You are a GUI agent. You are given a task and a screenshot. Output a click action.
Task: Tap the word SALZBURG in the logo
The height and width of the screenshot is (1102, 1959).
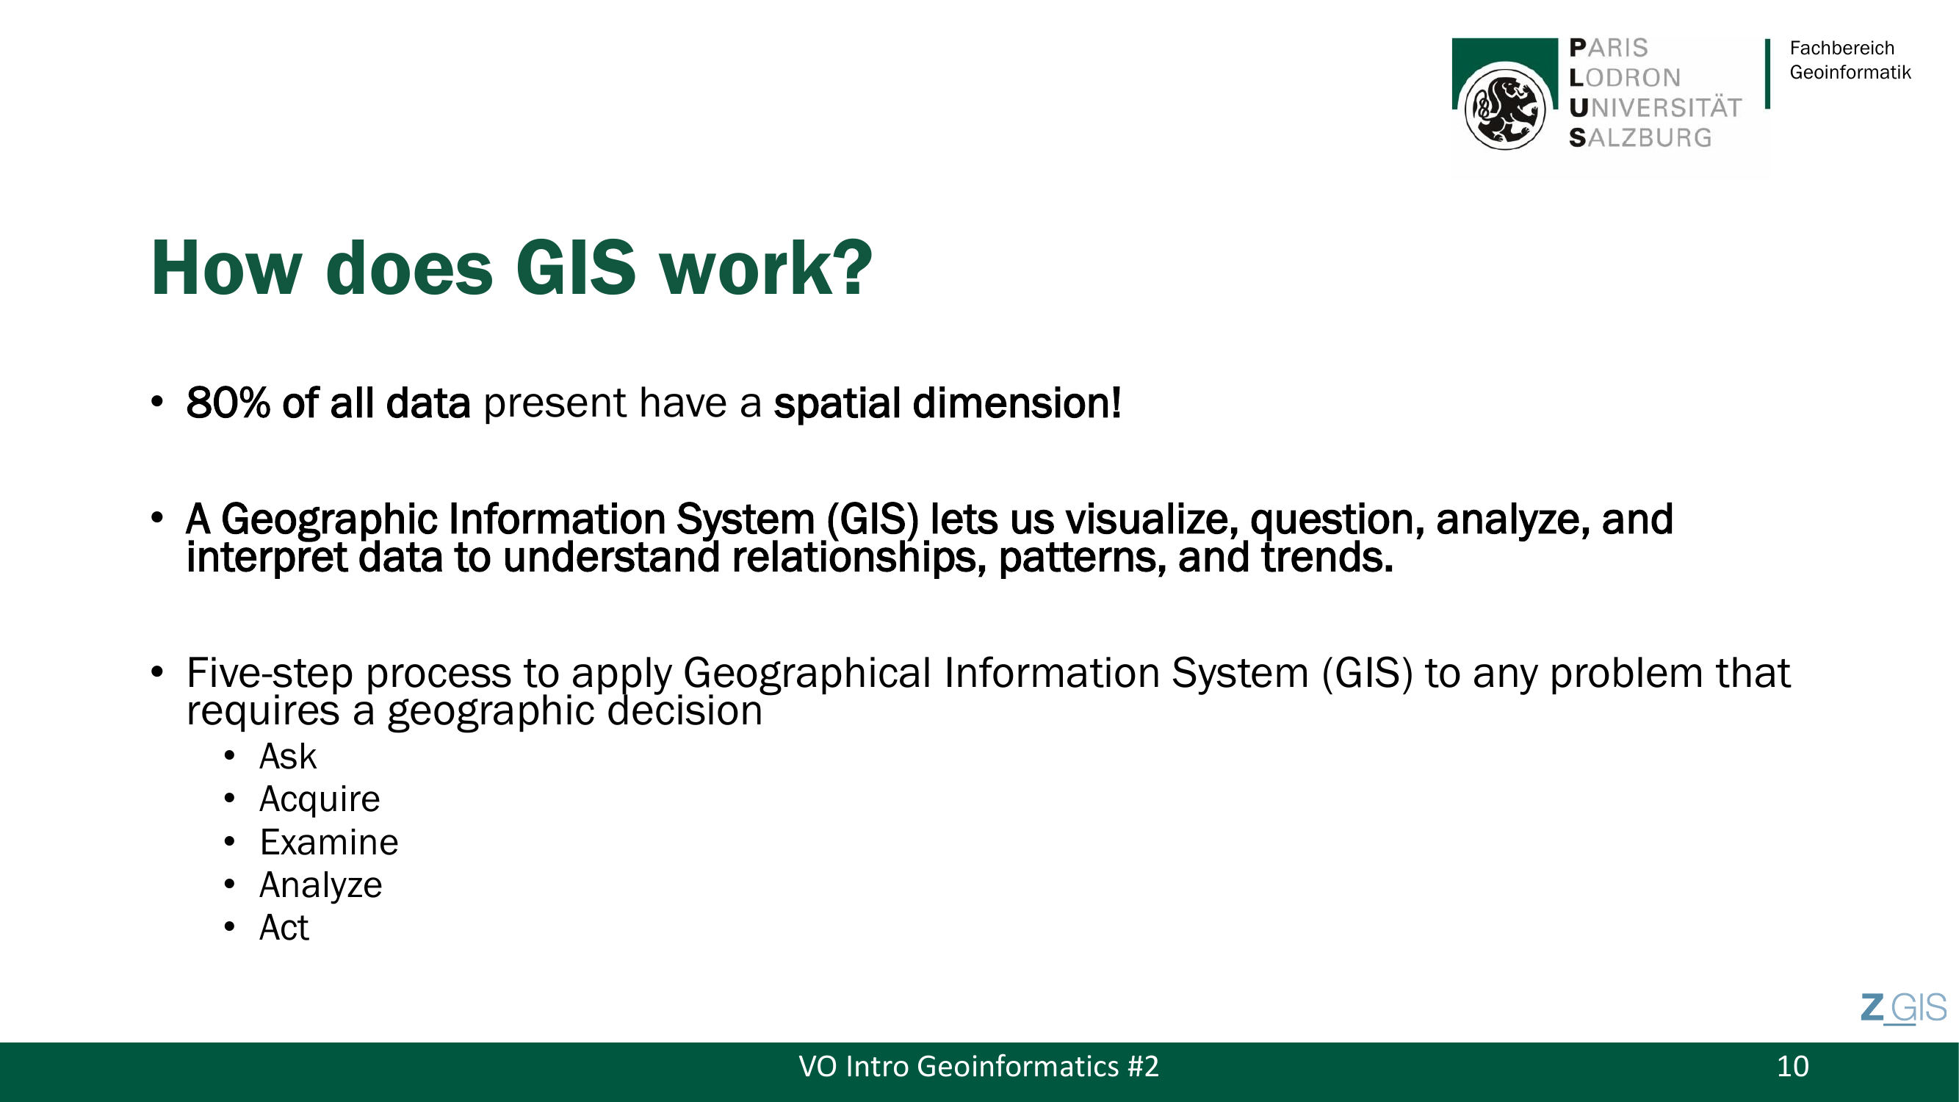pos(1640,137)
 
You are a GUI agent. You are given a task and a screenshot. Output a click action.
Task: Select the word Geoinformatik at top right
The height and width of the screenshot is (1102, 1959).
pos(1850,72)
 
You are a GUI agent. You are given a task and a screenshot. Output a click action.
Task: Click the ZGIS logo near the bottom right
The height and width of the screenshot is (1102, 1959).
pos(1903,1009)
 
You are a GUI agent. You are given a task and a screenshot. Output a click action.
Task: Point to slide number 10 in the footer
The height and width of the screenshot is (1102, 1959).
pos(1792,1066)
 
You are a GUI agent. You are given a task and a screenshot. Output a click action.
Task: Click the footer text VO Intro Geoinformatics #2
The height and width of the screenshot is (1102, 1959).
pos(978,1066)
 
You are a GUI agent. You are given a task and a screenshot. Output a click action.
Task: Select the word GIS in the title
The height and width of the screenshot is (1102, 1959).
pos(576,267)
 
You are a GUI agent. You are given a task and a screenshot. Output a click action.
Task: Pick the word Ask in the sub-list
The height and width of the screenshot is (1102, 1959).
pos(287,756)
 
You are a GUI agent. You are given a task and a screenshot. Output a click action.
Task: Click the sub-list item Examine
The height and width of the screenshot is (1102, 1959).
pos(328,842)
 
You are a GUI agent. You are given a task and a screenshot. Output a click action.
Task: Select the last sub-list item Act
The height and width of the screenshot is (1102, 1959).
pos(284,927)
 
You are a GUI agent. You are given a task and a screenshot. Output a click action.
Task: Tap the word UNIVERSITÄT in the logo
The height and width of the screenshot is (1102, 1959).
pos(1655,107)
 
